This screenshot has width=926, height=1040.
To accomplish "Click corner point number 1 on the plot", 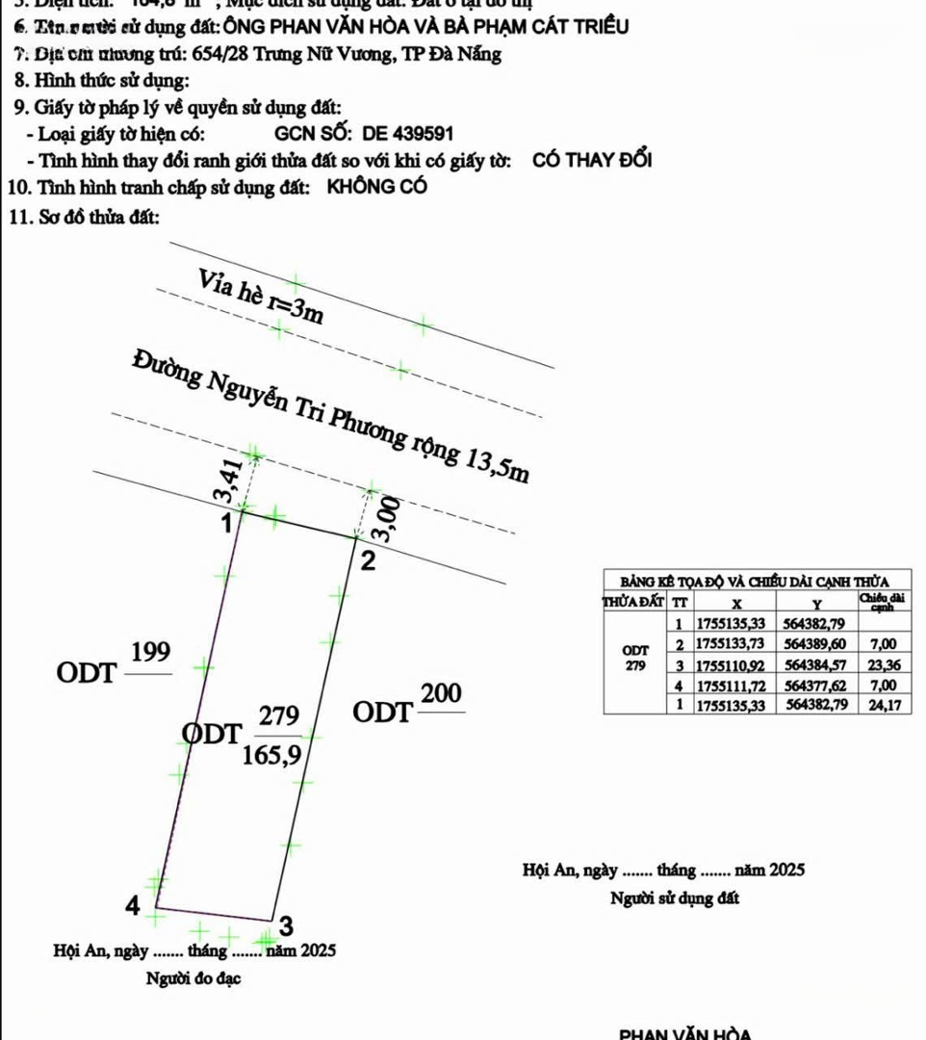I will (x=225, y=525).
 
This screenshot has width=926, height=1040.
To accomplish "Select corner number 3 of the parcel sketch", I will (x=285, y=926).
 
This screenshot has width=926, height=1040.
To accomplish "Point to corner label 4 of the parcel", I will (x=134, y=905).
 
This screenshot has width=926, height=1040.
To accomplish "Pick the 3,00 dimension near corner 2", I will (x=386, y=520).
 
